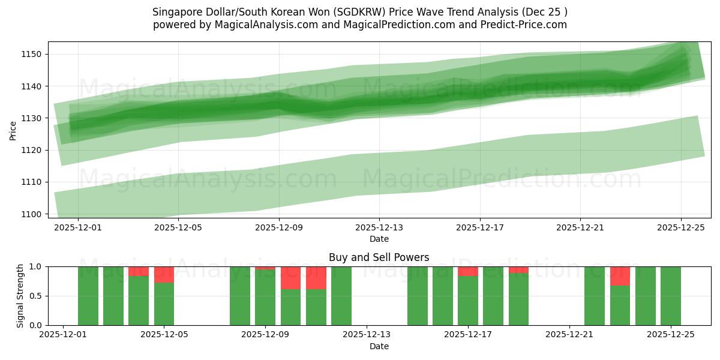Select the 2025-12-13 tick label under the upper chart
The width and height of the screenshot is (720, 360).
tap(379, 228)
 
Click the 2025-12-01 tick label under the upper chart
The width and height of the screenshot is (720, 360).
tap(78, 228)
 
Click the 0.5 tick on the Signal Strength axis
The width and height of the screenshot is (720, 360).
tap(36, 296)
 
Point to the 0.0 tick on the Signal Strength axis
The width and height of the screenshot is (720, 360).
tap(36, 325)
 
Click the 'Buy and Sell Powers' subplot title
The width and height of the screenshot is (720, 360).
tap(379, 258)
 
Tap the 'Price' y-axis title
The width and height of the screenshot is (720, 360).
tap(13, 130)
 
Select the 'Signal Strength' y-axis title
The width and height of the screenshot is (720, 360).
tap(20, 296)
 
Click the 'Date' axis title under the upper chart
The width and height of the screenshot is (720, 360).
tap(379, 239)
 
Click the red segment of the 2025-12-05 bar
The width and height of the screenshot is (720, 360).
tap(164, 274)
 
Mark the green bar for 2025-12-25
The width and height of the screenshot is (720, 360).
tap(670, 296)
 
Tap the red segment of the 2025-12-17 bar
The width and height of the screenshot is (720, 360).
tap(468, 271)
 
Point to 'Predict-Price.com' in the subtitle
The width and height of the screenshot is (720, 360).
tap(527, 25)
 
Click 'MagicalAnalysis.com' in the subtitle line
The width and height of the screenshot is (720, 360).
tap(261, 25)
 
